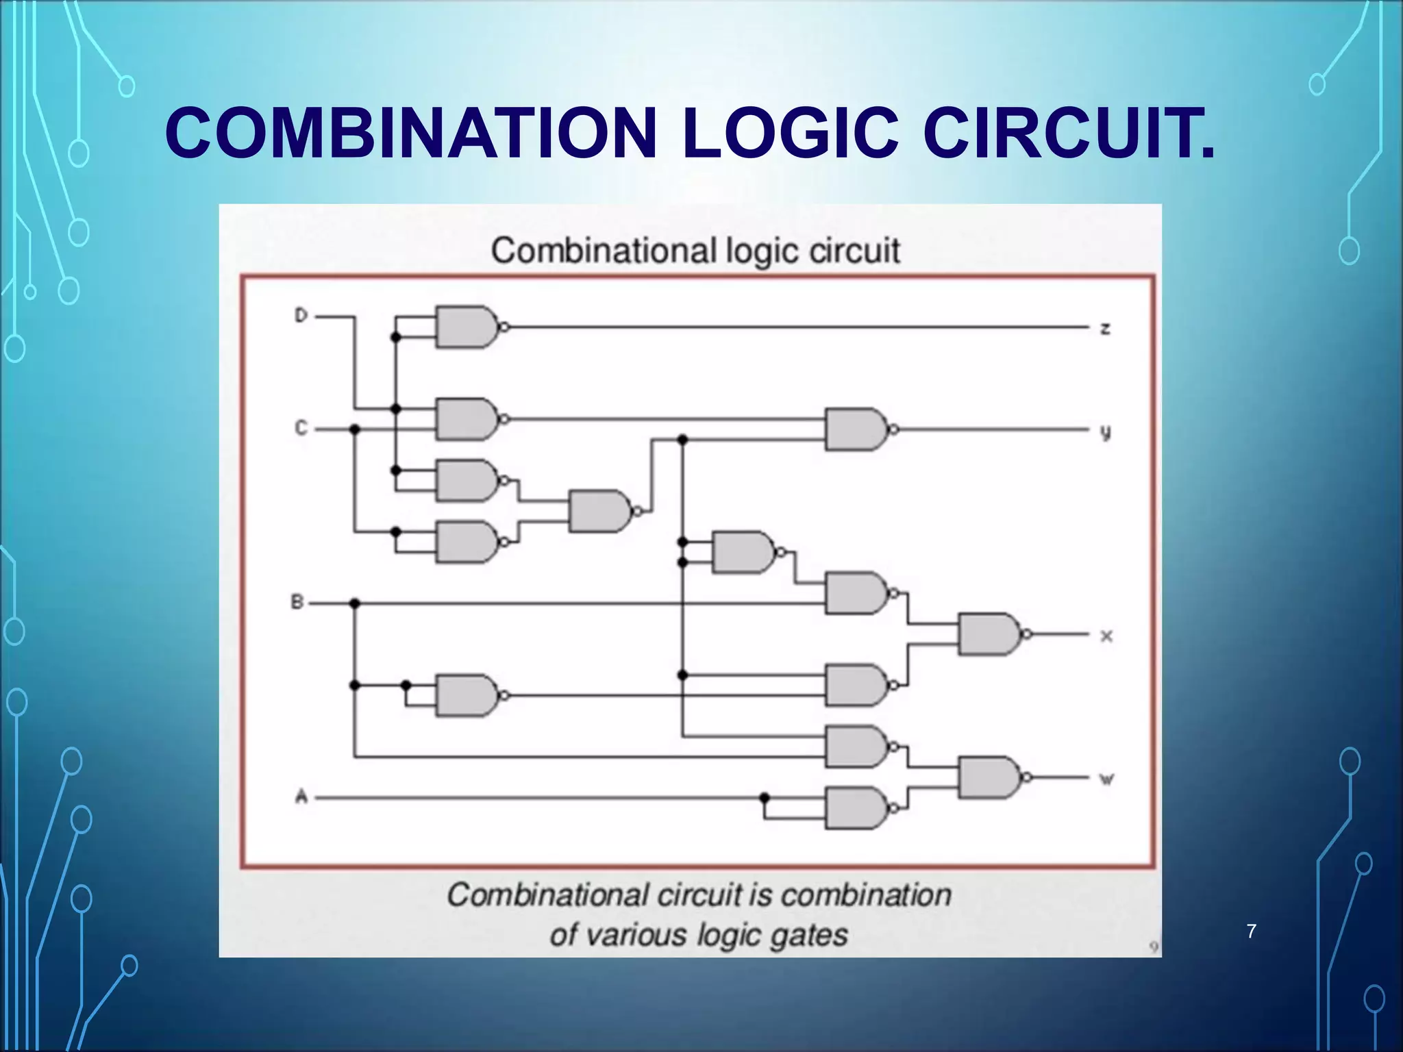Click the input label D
click(x=301, y=316)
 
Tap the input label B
click(x=297, y=603)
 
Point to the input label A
click(x=301, y=797)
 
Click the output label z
click(x=1106, y=329)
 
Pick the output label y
click(x=1105, y=432)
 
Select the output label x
click(x=1106, y=636)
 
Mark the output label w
click(x=1106, y=779)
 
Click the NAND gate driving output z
click(x=468, y=327)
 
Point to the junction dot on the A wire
click(x=765, y=798)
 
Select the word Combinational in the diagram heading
click(x=603, y=251)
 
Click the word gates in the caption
click(x=808, y=935)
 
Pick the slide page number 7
click(x=1252, y=931)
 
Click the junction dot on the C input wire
click(x=354, y=429)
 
